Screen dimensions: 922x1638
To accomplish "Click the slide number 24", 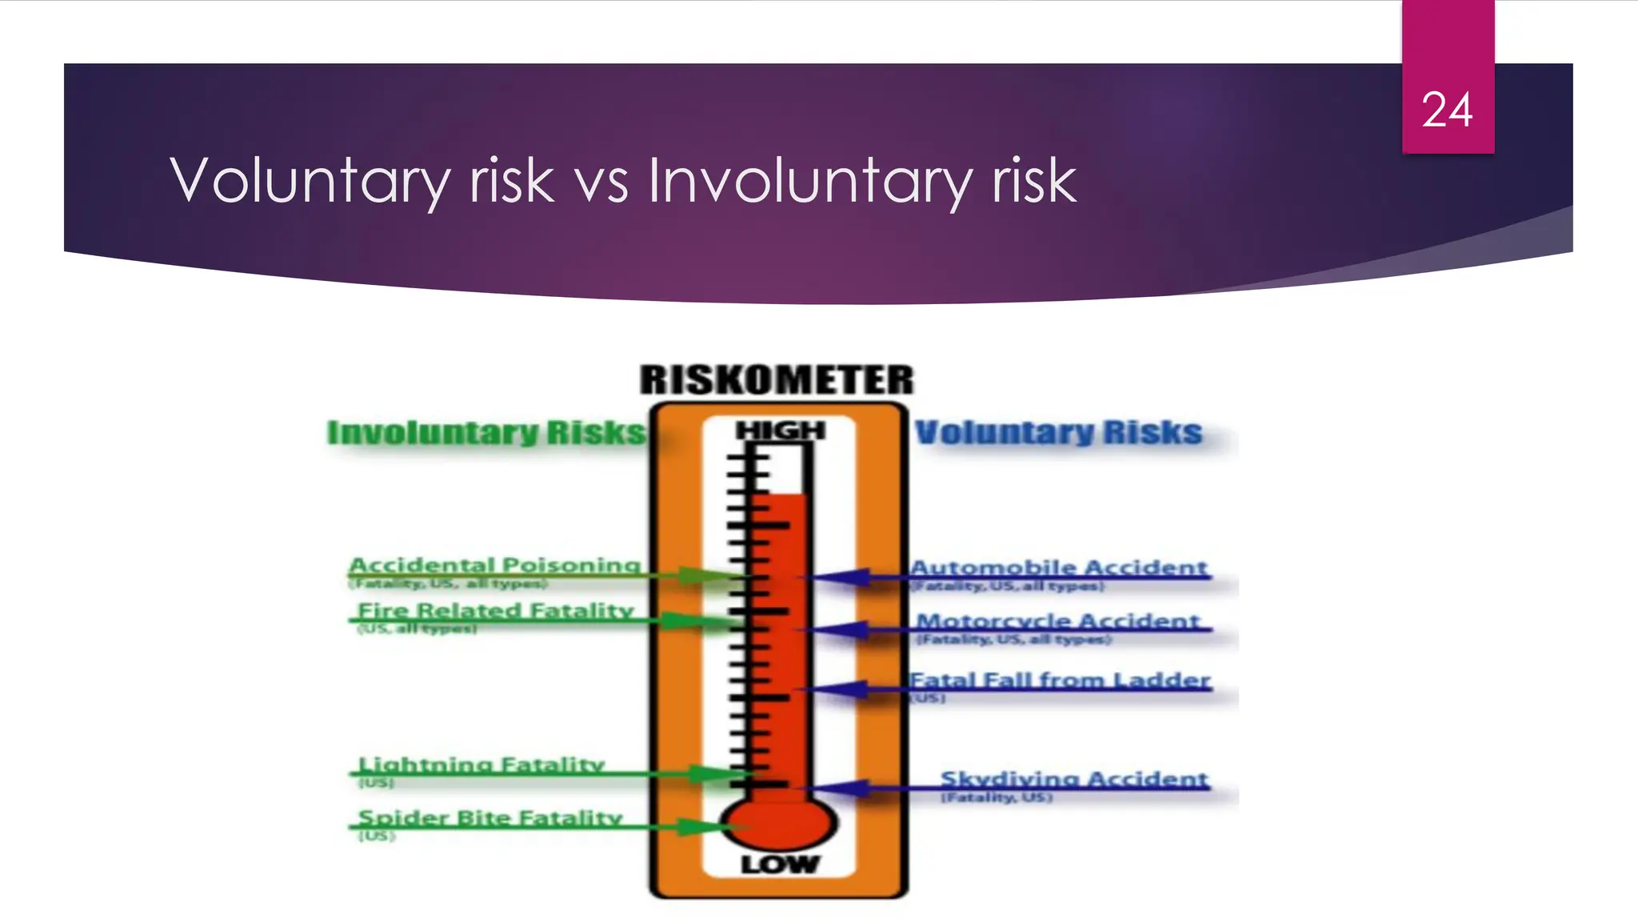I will point(1447,110).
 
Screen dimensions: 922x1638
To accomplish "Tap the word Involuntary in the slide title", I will point(810,181).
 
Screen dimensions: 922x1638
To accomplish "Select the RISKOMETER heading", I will point(776,379).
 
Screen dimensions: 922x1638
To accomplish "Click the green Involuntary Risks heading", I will point(485,433).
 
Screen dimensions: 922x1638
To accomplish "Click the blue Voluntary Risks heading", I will point(1058,433).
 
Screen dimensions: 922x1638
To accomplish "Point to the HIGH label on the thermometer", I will point(780,431).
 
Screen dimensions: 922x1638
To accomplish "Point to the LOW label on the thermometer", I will point(780,864).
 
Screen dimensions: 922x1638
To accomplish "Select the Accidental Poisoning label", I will point(495,565).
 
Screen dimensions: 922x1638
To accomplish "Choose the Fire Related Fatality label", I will point(495,611).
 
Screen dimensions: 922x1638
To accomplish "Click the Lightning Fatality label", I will point(481,764).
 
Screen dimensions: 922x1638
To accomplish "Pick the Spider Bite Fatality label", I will point(489,818).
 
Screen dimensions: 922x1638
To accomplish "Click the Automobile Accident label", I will point(1059,567).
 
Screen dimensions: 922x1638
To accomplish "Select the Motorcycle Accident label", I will point(1058,621).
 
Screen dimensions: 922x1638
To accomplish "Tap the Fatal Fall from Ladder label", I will point(1060,680).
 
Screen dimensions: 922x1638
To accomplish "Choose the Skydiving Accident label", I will point(1074,779).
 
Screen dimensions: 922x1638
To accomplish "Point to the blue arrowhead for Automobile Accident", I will point(845,577).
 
